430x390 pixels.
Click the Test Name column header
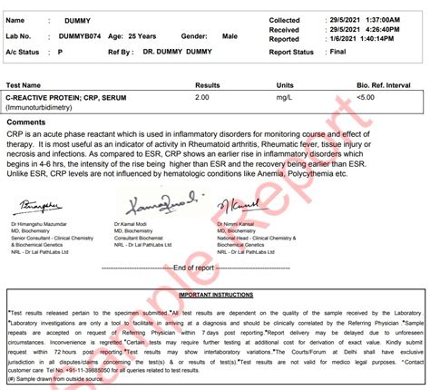pyautogui.click(x=26, y=83)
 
